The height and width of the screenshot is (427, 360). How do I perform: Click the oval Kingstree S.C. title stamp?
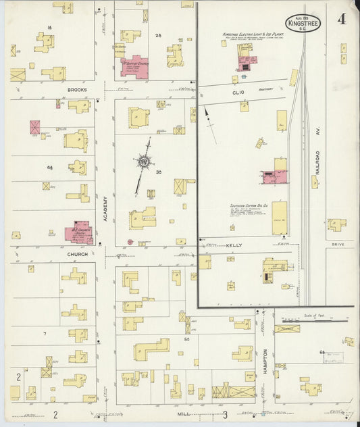click(x=303, y=22)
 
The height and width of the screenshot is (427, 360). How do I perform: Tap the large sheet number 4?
click(x=342, y=19)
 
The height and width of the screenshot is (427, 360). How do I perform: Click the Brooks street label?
click(x=77, y=90)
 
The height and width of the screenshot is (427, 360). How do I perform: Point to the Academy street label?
click(x=105, y=209)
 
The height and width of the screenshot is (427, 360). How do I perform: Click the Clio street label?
click(x=237, y=92)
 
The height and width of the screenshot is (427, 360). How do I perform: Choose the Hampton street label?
click(x=265, y=361)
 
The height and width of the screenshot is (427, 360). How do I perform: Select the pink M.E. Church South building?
click(x=78, y=233)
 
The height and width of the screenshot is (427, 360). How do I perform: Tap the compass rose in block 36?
click(x=143, y=161)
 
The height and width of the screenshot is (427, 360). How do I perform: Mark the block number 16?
click(x=49, y=27)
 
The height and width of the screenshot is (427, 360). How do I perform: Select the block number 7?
click(x=45, y=334)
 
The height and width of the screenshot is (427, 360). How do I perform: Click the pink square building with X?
click(x=35, y=127)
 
